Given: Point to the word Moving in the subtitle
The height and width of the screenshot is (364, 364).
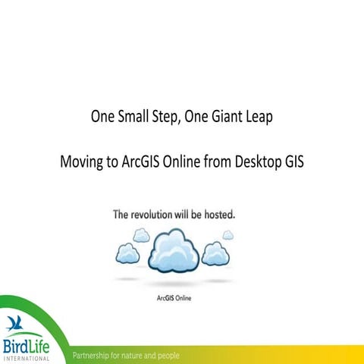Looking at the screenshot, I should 82,163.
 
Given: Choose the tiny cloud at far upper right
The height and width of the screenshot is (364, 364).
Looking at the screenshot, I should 227,235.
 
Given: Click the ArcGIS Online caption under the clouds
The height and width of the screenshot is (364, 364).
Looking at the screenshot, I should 173,298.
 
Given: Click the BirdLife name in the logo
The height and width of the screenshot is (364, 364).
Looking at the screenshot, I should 26,345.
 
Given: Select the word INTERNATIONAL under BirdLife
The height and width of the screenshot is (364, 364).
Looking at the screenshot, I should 27,358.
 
